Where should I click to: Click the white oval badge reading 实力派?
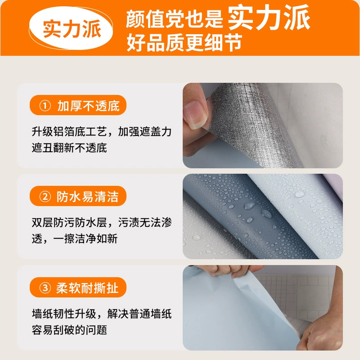pyautogui.click(x=71, y=28)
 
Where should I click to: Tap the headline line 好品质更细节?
pyautogui.click(x=184, y=42)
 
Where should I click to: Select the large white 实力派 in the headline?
pyautogui.click(x=269, y=18)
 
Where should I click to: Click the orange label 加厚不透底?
pyautogui.click(x=78, y=105)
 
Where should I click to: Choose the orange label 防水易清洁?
pyautogui.click(x=78, y=196)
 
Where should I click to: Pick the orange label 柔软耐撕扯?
pyautogui.click(x=78, y=287)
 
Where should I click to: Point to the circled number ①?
pyautogui.click(x=45, y=106)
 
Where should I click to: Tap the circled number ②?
pyautogui.click(x=45, y=197)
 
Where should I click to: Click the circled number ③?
pyautogui.click(x=45, y=288)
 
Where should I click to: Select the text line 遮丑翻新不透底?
pyautogui.click(x=69, y=148)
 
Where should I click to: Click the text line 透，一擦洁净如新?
pyautogui.click(x=75, y=238)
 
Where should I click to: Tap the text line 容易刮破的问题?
pyautogui.click(x=69, y=330)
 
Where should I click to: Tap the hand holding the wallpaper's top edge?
pyautogui.click(x=229, y=271)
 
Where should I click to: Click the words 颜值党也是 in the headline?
pyautogui.click(x=175, y=19)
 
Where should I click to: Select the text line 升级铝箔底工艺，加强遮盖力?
pyautogui.click(x=102, y=131)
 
